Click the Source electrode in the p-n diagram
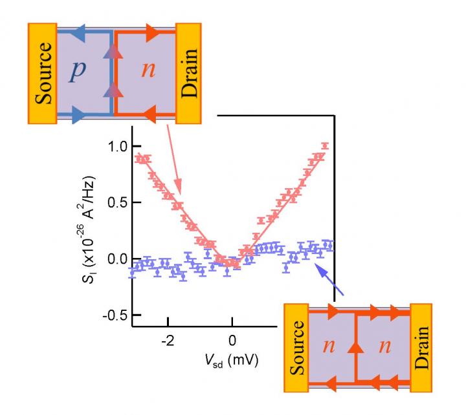point(43,73)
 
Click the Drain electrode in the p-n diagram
point(190,73)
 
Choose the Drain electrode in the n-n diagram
point(421,347)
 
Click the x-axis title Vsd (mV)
point(230,360)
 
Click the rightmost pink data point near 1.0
point(325,145)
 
